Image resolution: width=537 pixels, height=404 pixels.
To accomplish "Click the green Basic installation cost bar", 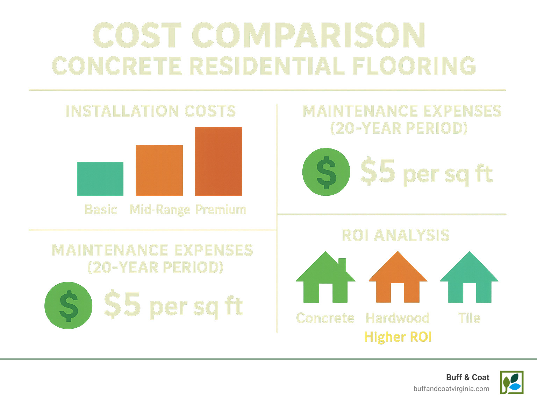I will tap(100, 179).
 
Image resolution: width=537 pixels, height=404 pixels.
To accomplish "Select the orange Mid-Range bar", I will tap(159, 170).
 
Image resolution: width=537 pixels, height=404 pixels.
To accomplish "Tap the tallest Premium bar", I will tap(219, 161).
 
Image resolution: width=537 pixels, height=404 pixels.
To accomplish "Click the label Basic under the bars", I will tap(101, 209).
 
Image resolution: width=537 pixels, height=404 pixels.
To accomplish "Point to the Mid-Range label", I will tap(160, 210).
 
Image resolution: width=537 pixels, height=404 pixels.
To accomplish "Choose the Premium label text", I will tap(221, 209).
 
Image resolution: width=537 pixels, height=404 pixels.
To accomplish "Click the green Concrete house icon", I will tap(325, 280).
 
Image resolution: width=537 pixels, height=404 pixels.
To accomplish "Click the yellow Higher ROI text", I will tap(398, 337).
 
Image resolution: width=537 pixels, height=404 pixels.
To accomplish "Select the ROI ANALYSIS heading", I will tap(396, 235).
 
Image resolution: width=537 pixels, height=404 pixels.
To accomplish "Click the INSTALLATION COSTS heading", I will tap(151, 111).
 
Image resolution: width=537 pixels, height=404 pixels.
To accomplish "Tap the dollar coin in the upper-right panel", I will tap(326, 172).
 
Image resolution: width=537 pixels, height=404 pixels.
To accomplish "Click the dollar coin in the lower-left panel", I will tap(69, 306).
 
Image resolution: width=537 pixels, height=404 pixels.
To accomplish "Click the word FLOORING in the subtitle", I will tap(414, 65).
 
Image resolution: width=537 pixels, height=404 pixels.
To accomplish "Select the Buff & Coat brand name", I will tap(467, 377).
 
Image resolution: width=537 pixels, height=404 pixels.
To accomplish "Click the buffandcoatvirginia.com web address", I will tap(451, 389).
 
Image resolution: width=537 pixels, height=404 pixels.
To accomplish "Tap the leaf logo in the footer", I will tap(512, 382).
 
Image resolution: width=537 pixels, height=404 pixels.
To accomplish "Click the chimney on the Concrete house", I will tap(342, 265).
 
